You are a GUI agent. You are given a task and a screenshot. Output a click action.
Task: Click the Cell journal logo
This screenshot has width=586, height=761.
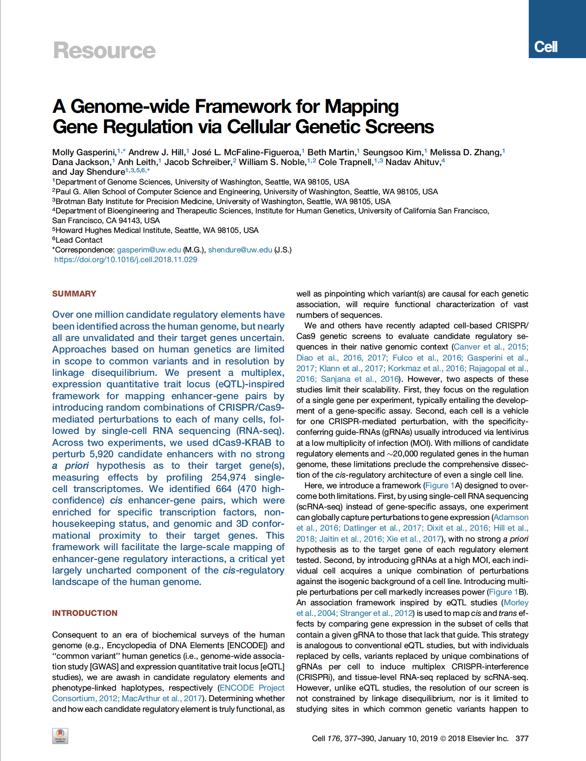tap(546, 47)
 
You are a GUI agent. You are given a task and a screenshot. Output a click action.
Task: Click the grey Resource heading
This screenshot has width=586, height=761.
tap(104, 50)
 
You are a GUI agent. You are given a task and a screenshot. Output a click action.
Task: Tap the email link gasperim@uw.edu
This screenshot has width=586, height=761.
tap(149, 250)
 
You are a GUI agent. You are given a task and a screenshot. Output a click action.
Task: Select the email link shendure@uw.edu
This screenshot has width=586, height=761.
tap(240, 250)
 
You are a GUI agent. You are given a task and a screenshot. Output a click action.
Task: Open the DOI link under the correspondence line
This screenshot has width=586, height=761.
tap(126, 260)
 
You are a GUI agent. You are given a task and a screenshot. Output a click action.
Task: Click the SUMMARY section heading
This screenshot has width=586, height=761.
tap(74, 294)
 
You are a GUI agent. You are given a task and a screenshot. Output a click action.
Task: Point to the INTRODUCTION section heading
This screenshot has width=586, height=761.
tap(85, 613)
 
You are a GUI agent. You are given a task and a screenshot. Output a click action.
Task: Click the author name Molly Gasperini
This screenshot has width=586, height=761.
tap(84, 152)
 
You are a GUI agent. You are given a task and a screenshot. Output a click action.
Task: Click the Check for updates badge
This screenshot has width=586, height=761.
tap(60, 736)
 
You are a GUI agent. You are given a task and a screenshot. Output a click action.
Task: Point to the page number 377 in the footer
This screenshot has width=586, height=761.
tap(522, 739)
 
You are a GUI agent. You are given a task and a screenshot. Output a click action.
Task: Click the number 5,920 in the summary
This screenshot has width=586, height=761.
tap(101, 454)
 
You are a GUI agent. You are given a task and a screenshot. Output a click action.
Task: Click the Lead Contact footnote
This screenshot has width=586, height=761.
tap(79, 240)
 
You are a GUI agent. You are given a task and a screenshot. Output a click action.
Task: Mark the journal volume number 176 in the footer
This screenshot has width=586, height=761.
tap(333, 739)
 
